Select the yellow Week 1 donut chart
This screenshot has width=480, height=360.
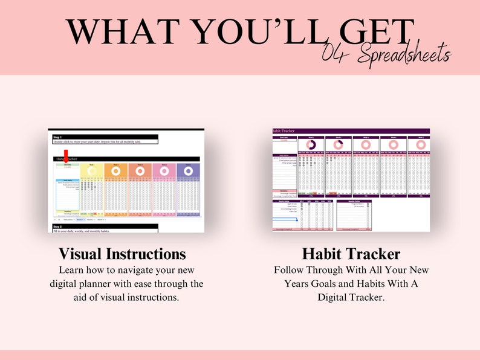[91, 172]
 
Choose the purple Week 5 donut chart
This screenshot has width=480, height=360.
[187, 172]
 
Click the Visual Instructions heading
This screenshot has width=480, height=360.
[122, 254]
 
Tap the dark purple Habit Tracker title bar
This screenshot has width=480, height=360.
[351, 130]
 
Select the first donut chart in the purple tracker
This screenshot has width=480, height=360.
[311, 145]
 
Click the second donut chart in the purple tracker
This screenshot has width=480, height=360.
[339, 145]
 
